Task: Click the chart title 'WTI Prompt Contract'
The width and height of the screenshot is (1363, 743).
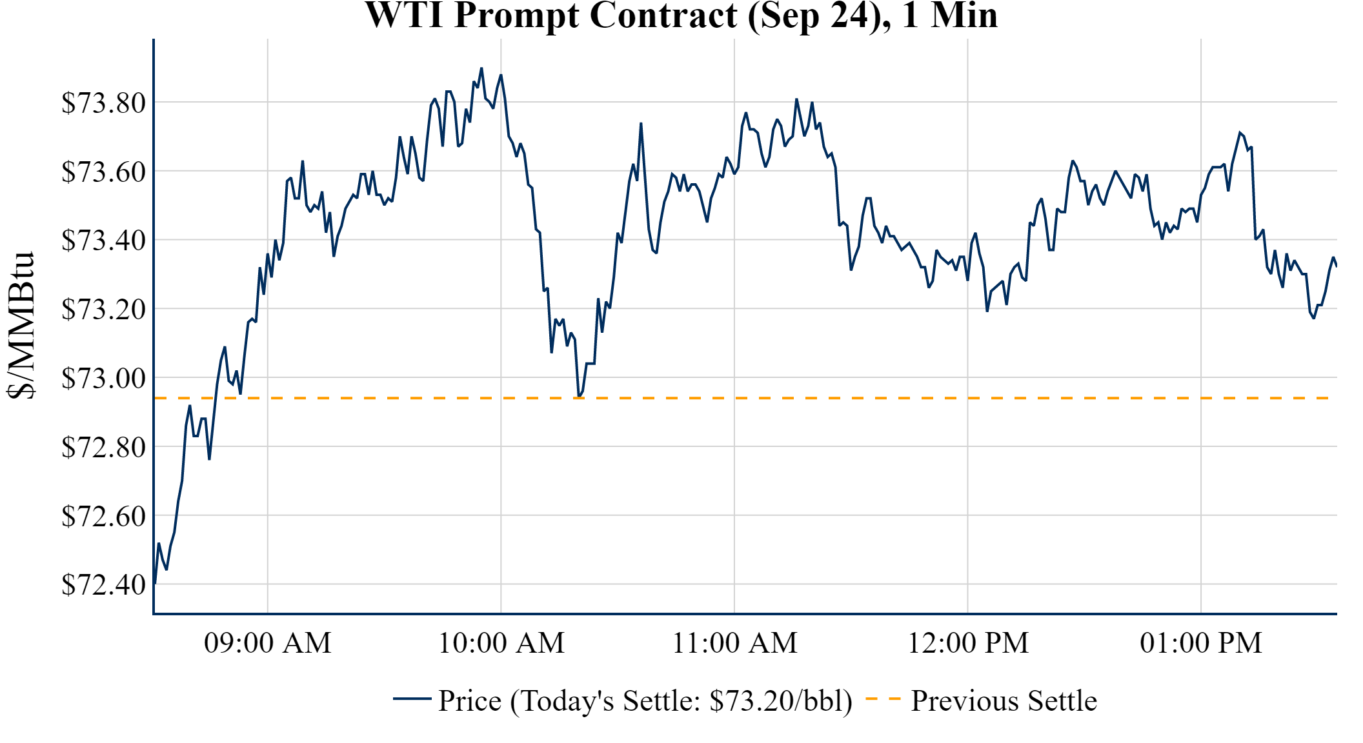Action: (x=681, y=15)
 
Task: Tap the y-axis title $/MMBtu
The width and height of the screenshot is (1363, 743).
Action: (x=21, y=326)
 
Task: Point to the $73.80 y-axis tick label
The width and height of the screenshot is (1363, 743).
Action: (x=103, y=103)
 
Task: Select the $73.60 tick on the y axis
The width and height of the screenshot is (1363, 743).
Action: (x=103, y=172)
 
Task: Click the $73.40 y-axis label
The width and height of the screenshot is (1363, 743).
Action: (x=103, y=240)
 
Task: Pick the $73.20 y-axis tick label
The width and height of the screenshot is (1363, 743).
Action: (x=103, y=309)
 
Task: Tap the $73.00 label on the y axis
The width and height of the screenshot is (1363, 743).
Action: (x=103, y=378)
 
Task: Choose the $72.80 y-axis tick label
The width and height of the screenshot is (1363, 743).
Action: (x=103, y=447)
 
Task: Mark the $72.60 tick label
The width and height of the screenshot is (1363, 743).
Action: (x=103, y=516)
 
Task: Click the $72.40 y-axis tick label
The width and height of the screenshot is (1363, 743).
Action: (x=103, y=585)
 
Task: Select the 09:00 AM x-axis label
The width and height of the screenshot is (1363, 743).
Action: (x=268, y=643)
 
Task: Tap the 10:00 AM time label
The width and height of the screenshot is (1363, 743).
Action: (x=501, y=643)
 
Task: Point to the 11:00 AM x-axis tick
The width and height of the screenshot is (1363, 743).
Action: (x=735, y=643)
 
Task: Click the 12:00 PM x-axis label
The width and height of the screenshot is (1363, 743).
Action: (x=968, y=643)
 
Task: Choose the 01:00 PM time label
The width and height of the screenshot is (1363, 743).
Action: (x=1201, y=643)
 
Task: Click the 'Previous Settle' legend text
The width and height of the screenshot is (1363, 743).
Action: (x=1004, y=701)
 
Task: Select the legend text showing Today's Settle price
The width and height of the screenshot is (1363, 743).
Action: (x=645, y=701)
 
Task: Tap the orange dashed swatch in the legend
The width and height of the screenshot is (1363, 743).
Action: (x=883, y=699)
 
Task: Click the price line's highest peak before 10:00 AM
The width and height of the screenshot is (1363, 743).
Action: (x=481, y=68)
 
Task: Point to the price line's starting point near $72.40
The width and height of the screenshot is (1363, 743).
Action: (x=156, y=583)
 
